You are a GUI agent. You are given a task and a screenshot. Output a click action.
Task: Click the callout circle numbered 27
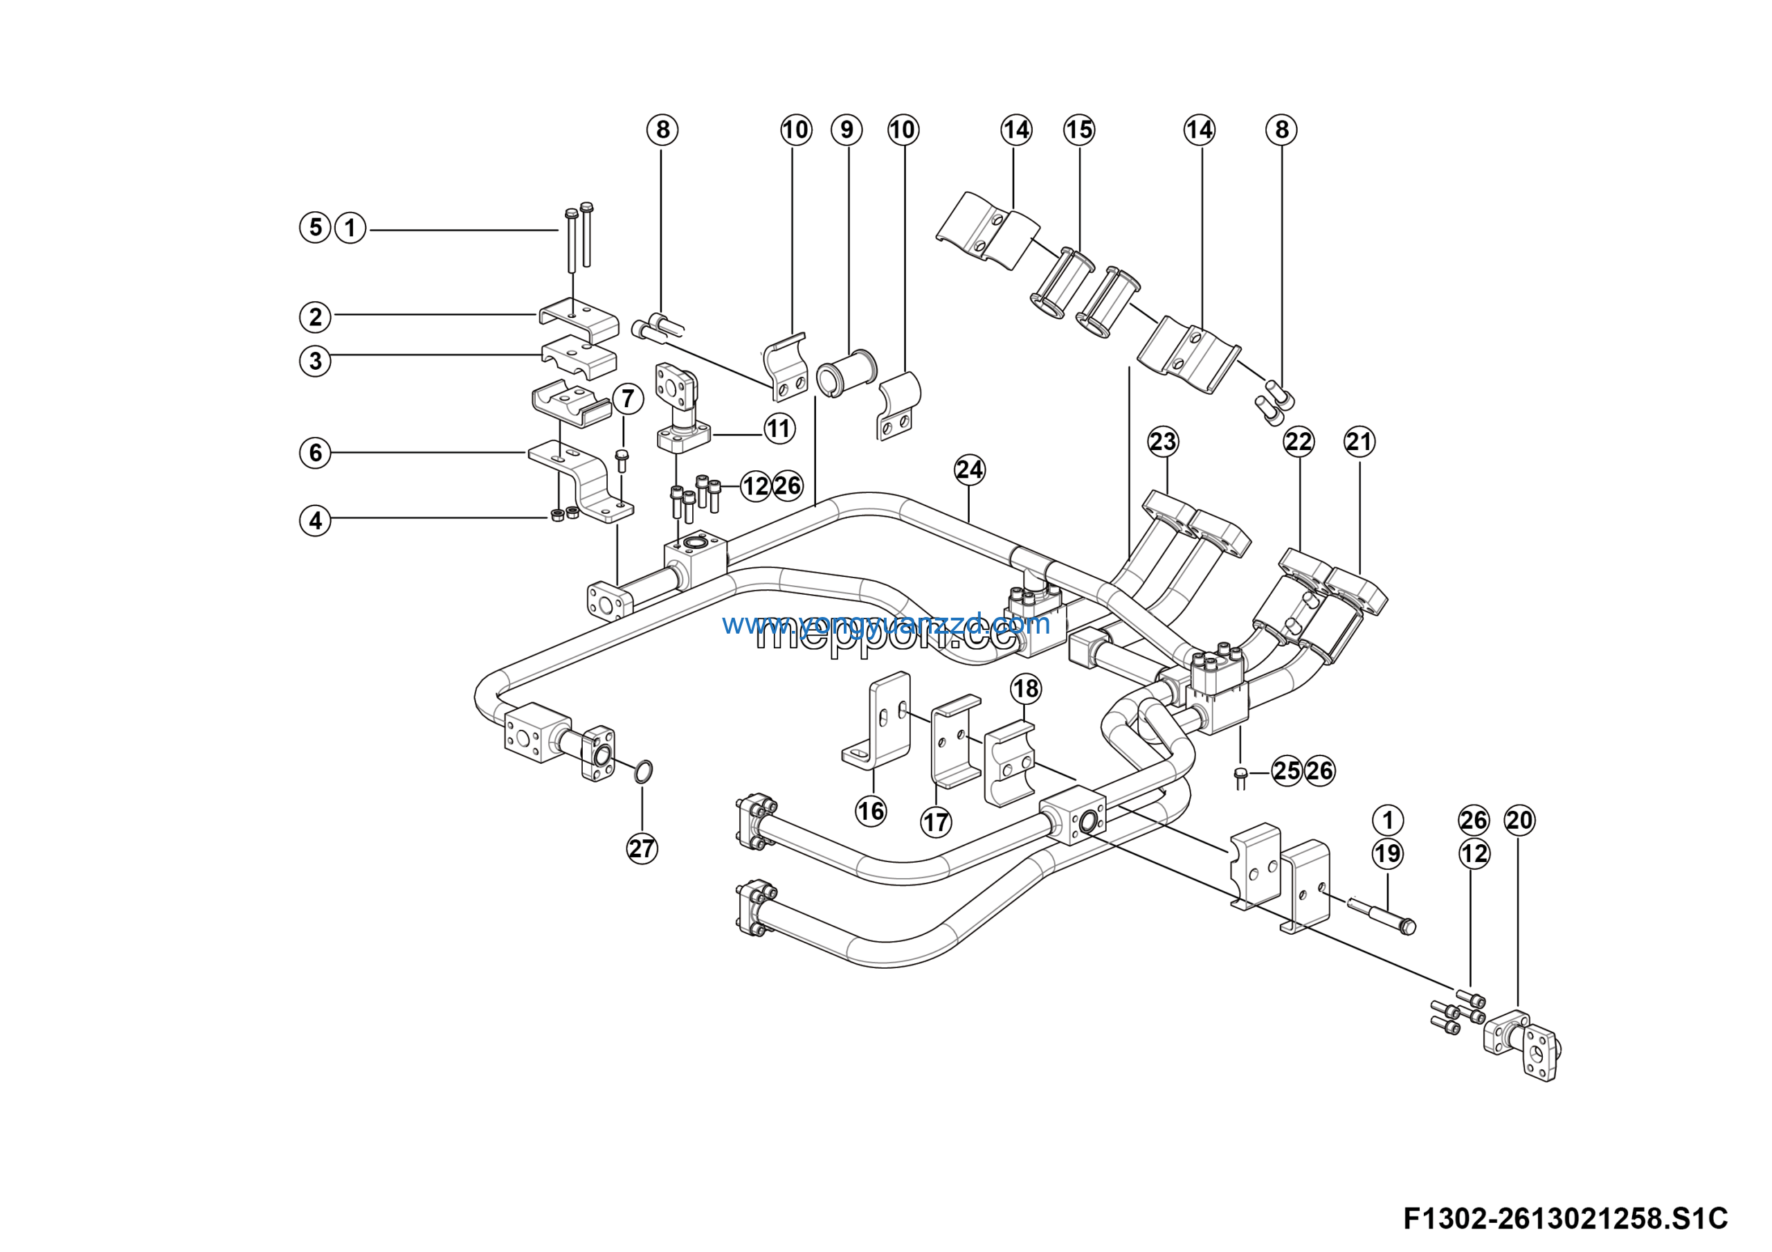pyautogui.click(x=642, y=848)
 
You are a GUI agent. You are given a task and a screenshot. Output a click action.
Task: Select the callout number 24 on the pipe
pyautogui.click(x=969, y=469)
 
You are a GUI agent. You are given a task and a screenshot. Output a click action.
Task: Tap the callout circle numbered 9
pyautogui.click(x=847, y=129)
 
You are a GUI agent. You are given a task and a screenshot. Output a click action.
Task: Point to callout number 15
pyautogui.click(x=1079, y=129)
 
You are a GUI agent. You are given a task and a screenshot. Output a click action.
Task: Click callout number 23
pyautogui.click(x=1162, y=442)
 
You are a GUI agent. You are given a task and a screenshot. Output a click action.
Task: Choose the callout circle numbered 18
pyautogui.click(x=1026, y=688)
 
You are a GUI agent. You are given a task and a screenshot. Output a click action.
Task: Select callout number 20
pyautogui.click(x=1519, y=820)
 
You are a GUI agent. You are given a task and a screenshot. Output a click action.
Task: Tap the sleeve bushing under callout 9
pyautogui.click(x=846, y=372)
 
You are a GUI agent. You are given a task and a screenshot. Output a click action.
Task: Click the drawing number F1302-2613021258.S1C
pyautogui.click(x=1565, y=1219)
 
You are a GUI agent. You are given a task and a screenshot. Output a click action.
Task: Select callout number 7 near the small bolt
pyautogui.click(x=627, y=398)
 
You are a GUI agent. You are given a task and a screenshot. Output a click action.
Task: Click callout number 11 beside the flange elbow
pyautogui.click(x=779, y=429)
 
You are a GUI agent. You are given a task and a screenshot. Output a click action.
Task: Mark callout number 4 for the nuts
pyautogui.click(x=315, y=520)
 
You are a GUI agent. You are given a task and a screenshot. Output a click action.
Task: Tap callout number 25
pyautogui.click(x=1287, y=770)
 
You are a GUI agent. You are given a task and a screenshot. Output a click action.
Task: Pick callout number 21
pyautogui.click(x=1359, y=442)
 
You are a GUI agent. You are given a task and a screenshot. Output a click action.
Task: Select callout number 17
pyautogui.click(x=935, y=822)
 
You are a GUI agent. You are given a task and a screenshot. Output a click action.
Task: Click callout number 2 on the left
pyautogui.click(x=315, y=316)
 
